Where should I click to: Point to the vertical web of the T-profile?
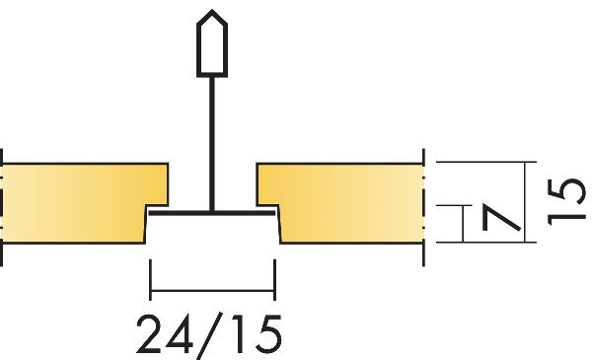coord(212,144)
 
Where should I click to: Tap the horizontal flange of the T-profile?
coord(212,214)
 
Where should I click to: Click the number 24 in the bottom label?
coord(165,334)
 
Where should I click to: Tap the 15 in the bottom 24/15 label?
coord(257,334)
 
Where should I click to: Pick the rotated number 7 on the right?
coord(501,218)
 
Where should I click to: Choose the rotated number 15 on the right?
coord(566,202)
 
